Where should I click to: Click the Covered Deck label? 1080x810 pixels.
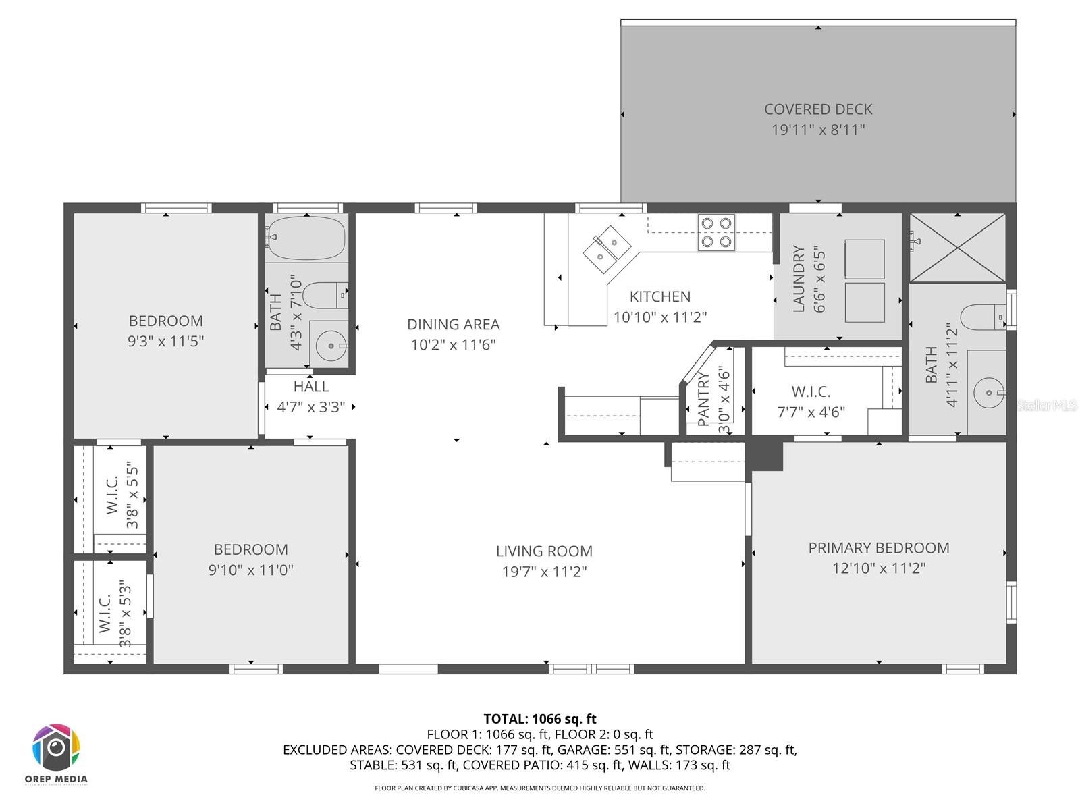click(818, 109)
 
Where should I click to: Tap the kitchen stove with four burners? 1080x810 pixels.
click(716, 232)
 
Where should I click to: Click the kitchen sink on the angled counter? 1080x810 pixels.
click(606, 248)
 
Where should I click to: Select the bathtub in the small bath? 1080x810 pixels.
click(306, 238)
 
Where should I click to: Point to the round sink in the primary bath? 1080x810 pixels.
click(988, 392)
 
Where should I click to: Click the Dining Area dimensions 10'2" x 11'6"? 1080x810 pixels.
click(453, 345)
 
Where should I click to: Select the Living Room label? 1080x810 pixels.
click(544, 551)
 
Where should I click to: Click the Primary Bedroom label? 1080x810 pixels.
click(878, 548)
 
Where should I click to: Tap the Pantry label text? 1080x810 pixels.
click(703, 399)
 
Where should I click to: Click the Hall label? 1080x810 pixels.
click(311, 387)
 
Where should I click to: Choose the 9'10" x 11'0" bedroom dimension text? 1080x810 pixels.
click(250, 570)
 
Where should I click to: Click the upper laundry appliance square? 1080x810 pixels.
click(865, 259)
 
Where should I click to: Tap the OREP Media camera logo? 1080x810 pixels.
click(57, 747)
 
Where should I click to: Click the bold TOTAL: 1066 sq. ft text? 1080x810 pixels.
click(540, 719)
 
